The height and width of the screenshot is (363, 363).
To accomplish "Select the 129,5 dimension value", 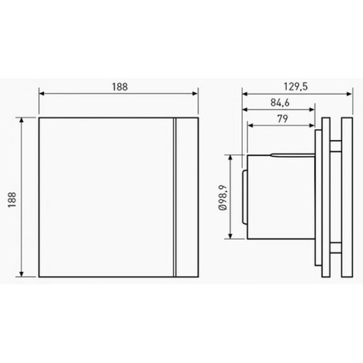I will [x=297, y=85].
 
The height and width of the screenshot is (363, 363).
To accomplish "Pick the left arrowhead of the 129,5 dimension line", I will [x=244, y=93].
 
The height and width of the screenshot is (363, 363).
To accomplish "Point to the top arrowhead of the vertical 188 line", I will [x=24, y=120].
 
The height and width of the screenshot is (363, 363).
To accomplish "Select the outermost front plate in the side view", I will [x=348, y=197].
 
